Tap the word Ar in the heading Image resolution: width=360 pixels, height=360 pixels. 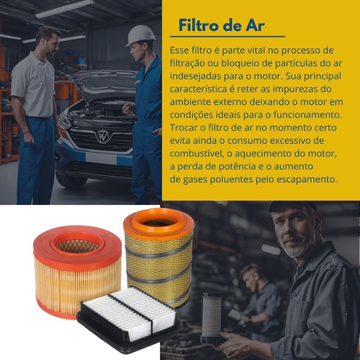click(255, 25)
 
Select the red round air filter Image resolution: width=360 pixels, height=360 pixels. click(77, 271)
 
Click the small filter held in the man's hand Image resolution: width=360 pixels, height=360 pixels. click(212, 317)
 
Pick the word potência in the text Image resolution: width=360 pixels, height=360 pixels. click(237, 166)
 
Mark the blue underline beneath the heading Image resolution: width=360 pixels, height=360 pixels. click(227, 37)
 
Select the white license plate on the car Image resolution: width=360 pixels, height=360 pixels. click(101, 158)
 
